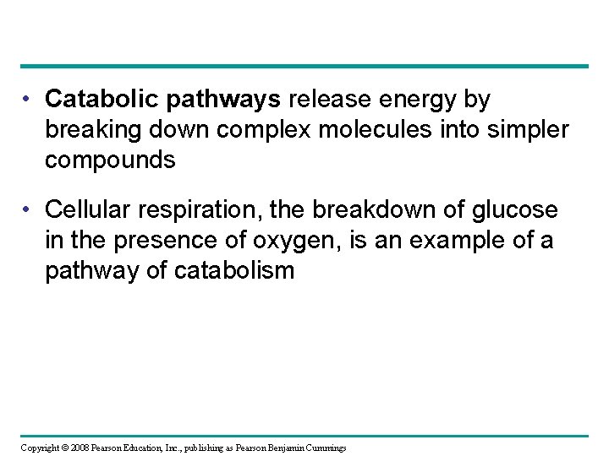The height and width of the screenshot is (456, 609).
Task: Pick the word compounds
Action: [x=111, y=160]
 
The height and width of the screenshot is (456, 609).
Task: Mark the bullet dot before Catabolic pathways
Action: [x=29, y=100]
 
